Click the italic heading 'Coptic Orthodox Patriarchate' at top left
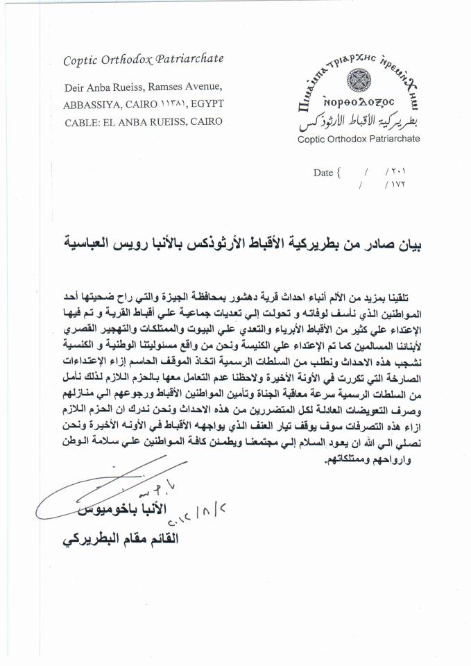pos(144,59)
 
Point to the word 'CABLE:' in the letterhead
pos(84,121)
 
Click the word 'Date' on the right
pos(323,173)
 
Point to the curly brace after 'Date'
pos(339,173)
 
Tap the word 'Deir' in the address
pos(74,87)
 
